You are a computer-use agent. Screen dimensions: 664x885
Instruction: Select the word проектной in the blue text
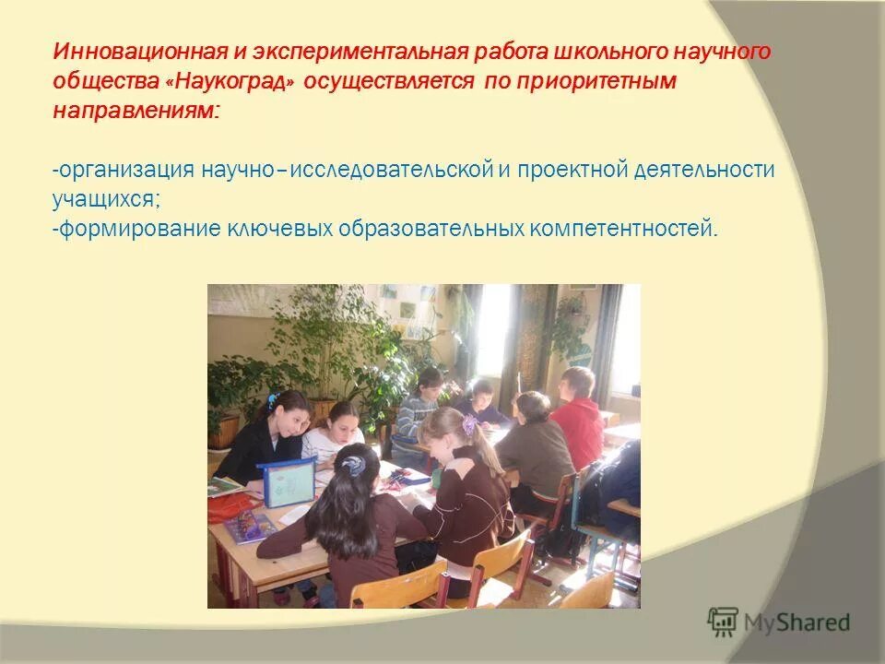pos(572,171)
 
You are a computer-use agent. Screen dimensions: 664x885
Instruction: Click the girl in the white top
pos(334,433)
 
